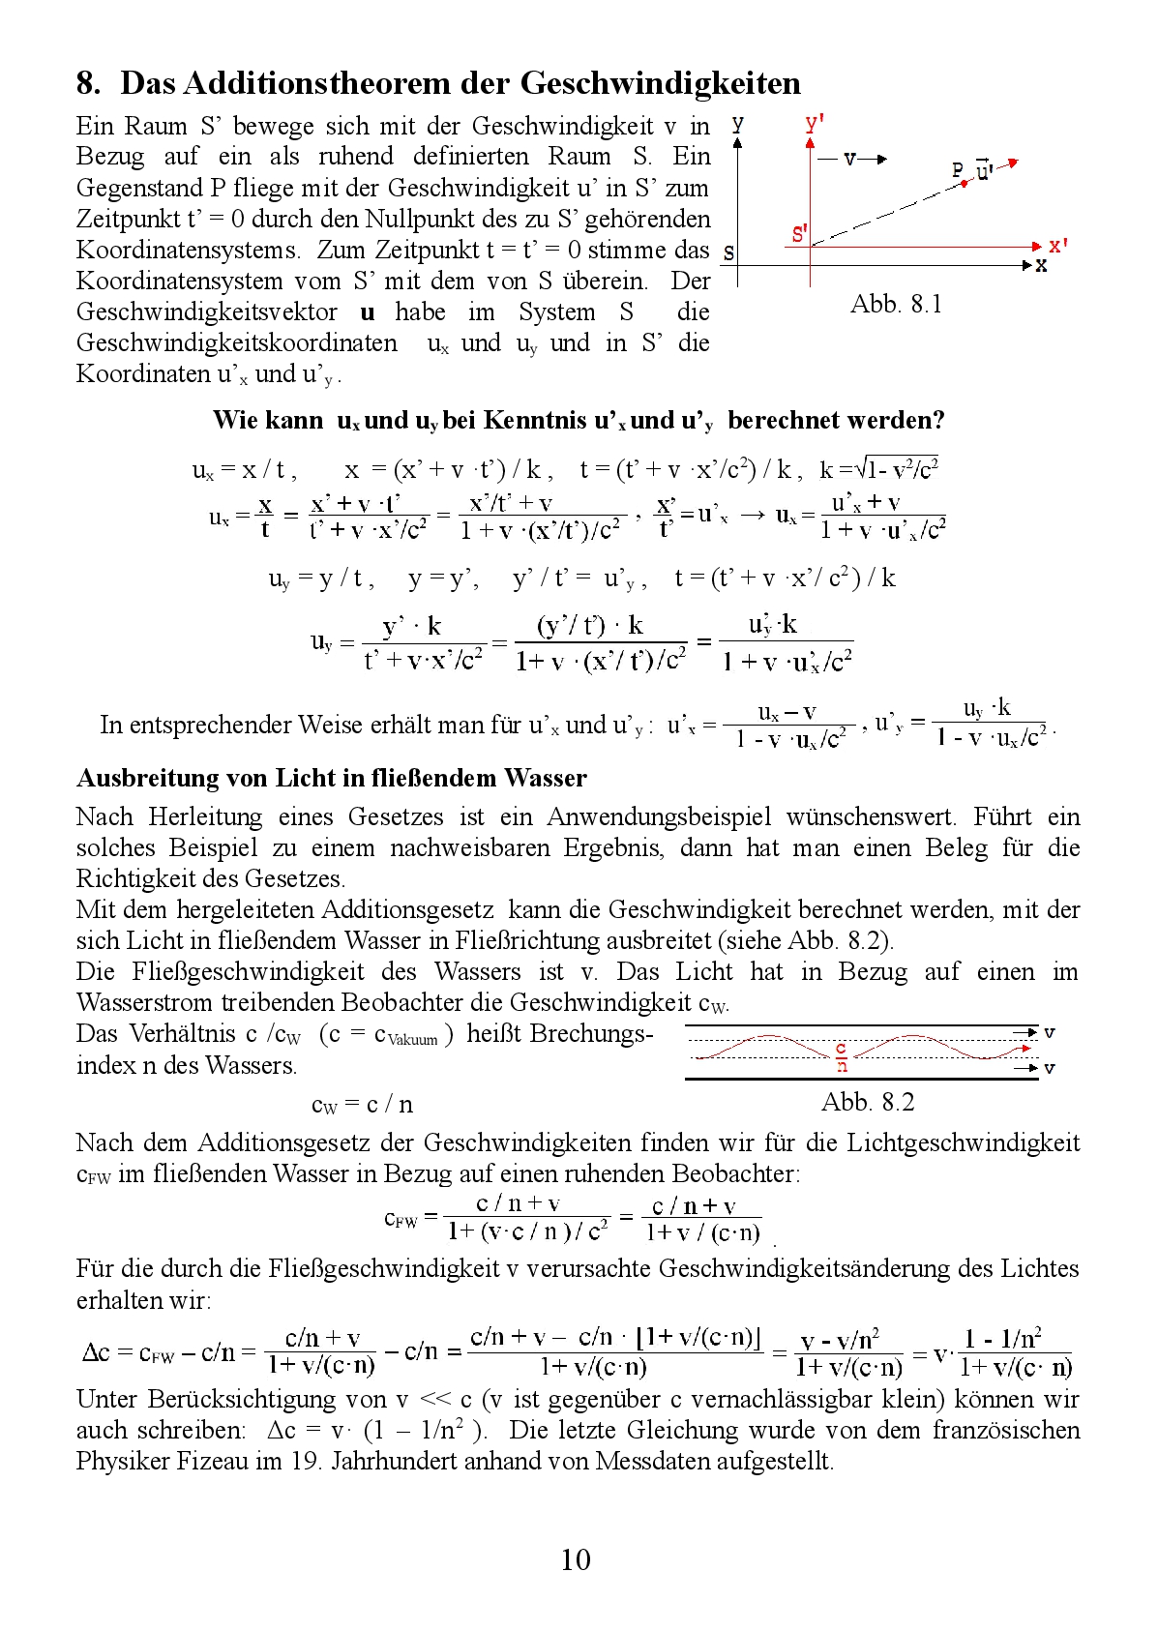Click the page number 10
576,1558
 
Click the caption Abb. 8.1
896,304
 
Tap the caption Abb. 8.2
868,1102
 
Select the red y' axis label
815,123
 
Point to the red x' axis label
1057,245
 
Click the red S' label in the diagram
799,233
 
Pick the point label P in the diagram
958,170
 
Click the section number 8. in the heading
88,83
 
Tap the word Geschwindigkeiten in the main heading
661,83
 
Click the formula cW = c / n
362,1104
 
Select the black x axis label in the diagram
1041,265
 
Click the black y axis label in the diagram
737,124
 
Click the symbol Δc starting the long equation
96,1351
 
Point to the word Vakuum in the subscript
413,1040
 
